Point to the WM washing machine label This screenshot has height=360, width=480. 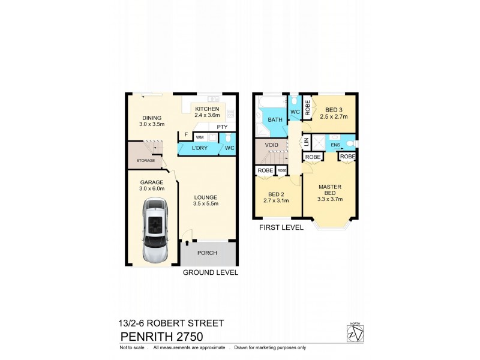(x=199, y=137)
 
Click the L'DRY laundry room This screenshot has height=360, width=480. (x=200, y=148)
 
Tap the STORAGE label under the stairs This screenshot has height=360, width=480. (x=146, y=161)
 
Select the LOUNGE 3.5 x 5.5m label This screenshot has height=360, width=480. (x=205, y=200)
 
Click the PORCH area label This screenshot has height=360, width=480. (x=208, y=253)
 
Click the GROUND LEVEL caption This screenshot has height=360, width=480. (x=210, y=272)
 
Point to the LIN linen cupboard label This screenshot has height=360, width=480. (x=305, y=142)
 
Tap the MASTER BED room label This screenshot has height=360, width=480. (x=330, y=190)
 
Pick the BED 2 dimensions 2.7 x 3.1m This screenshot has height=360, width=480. (x=277, y=200)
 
